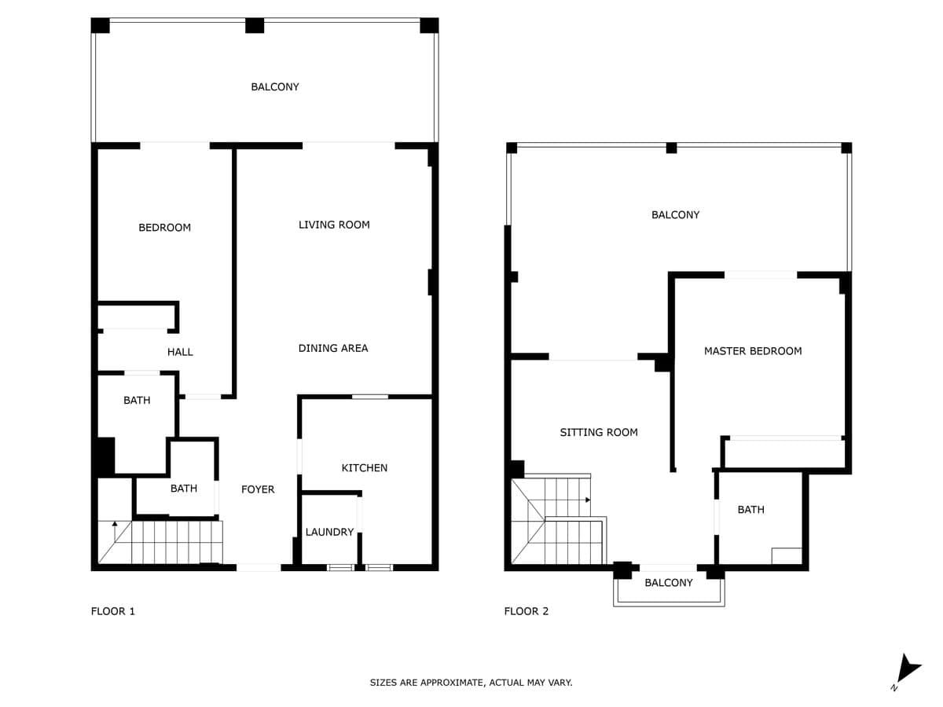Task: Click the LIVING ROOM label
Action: tap(334, 225)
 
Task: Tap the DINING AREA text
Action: tap(333, 348)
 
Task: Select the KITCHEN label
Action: tap(365, 468)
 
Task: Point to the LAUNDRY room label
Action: tap(329, 532)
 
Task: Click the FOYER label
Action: tap(258, 489)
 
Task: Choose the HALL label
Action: tap(180, 352)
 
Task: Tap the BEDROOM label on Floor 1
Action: tap(164, 228)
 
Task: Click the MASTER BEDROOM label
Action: tap(753, 351)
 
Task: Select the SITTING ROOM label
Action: tap(599, 432)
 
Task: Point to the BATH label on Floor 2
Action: tap(751, 510)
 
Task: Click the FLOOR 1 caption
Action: tap(113, 611)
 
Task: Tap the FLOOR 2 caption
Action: tap(527, 611)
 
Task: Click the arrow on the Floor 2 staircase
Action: tap(588, 500)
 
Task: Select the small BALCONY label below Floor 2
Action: tap(669, 583)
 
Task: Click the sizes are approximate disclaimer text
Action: tap(471, 683)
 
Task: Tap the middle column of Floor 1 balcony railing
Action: tap(255, 25)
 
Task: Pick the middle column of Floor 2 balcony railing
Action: tap(671, 148)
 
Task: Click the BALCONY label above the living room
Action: tap(275, 86)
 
